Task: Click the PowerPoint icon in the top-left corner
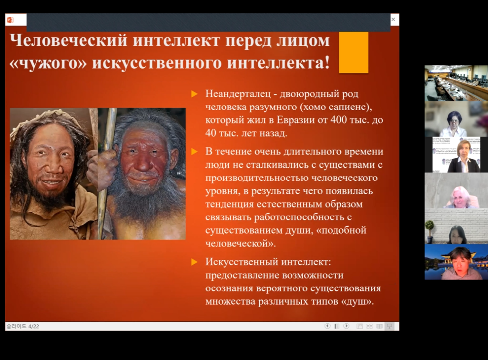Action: pos(10,20)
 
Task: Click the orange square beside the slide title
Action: pos(354,52)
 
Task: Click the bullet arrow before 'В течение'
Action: pos(194,152)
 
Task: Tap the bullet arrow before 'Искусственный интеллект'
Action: pos(194,262)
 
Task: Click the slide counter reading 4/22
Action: pos(34,326)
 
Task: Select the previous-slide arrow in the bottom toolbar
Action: pos(327,326)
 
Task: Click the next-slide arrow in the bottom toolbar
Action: pos(346,326)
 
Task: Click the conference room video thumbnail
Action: pos(456,83)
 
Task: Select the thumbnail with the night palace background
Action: pos(456,262)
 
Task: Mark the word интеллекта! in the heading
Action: pos(278,63)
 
